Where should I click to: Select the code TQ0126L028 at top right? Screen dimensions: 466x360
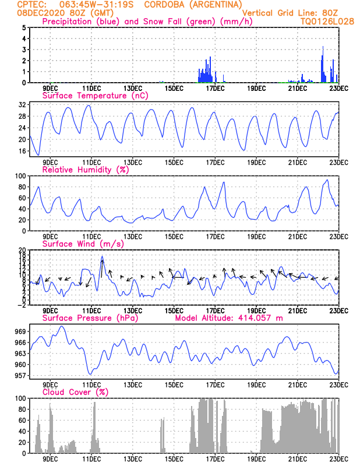(x=327, y=22)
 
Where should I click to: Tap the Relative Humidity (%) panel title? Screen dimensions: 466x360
(x=85, y=170)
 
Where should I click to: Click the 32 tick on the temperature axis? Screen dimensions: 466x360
(x=22, y=105)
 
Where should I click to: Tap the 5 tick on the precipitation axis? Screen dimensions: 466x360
(x=23, y=27)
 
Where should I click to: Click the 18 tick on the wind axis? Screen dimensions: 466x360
(x=22, y=255)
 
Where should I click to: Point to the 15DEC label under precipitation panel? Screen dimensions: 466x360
(x=174, y=88)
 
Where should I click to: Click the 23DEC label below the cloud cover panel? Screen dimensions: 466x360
(x=338, y=458)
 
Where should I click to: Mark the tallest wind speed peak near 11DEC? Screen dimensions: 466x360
(x=102, y=256)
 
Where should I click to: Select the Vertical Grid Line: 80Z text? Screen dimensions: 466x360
(x=290, y=13)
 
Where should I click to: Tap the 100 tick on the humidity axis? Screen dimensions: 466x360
(x=20, y=176)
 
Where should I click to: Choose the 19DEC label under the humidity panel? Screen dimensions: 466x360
(x=256, y=236)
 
